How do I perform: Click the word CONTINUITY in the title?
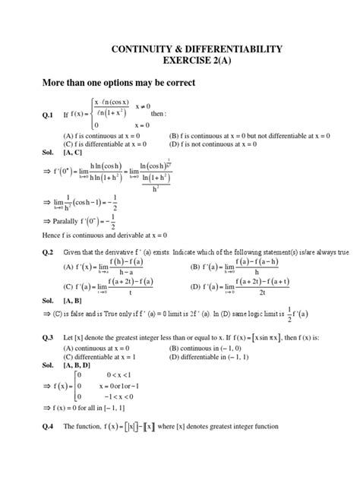(133, 49)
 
